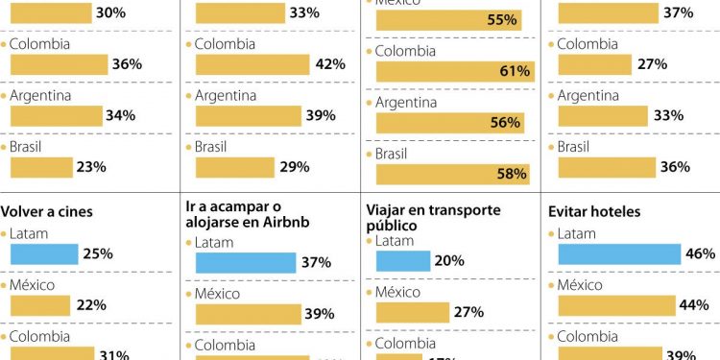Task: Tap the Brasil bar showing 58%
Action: [x=452, y=174]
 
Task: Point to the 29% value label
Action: [x=294, y=167]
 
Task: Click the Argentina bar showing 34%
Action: [x=56, y=115]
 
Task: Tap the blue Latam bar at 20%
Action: [x=403, y=260]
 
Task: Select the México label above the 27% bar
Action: [x=398, y=292]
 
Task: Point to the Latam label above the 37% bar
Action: [x=214, y=243]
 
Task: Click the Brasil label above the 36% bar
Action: [x=573, y=147]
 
